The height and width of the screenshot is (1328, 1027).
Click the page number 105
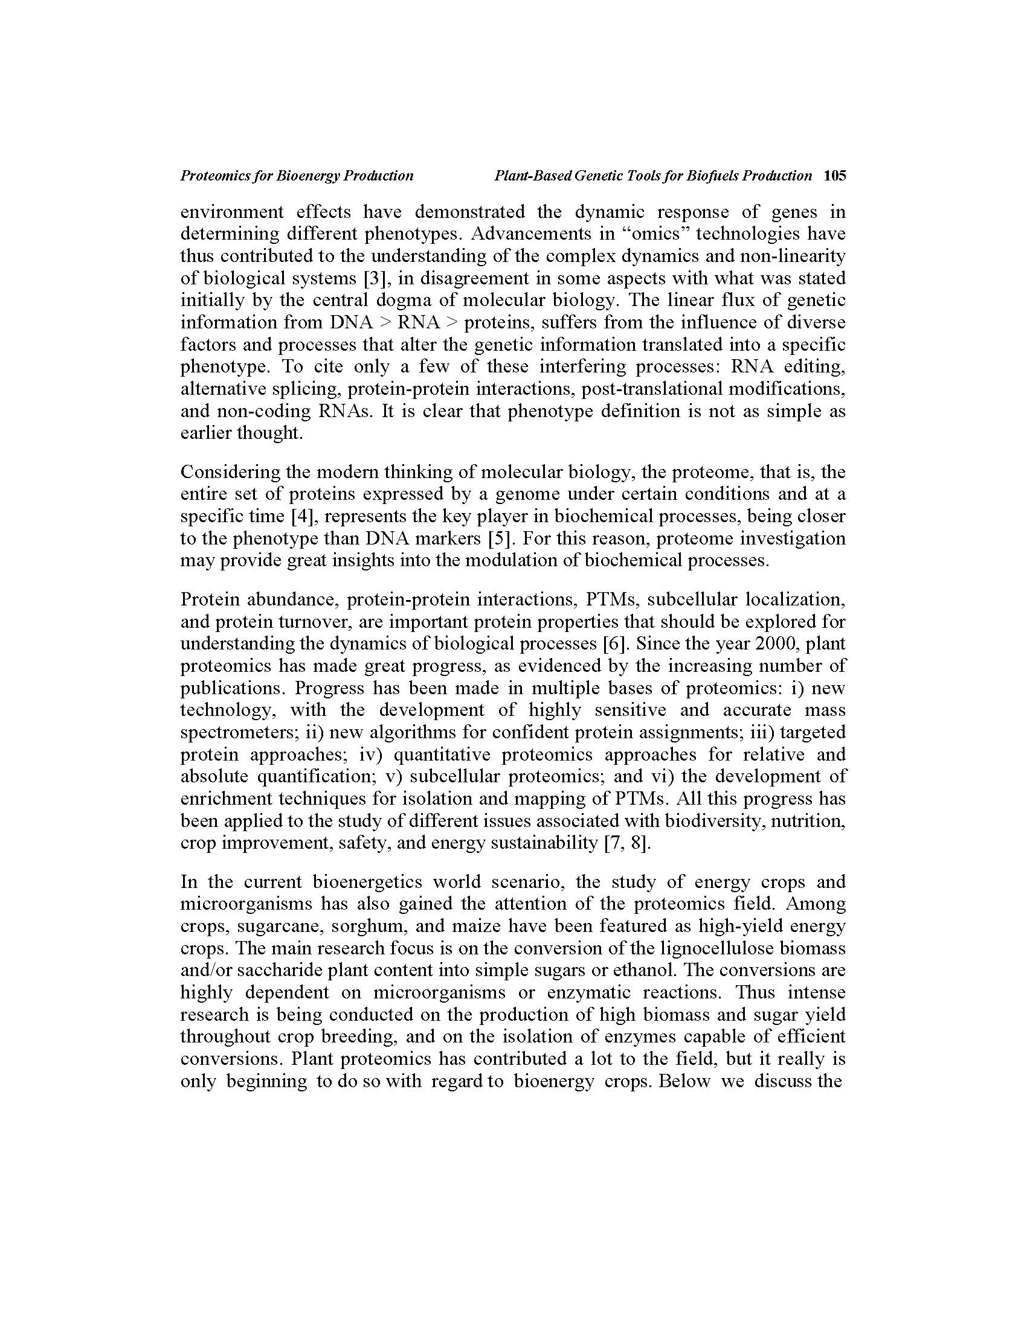pyautogui.click(x=834, y=176)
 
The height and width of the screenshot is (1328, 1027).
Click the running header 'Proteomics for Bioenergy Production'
pyautogui.click(x=297, y=176)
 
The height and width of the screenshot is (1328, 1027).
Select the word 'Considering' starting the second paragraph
pyautogui.click(x=230, y=473)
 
